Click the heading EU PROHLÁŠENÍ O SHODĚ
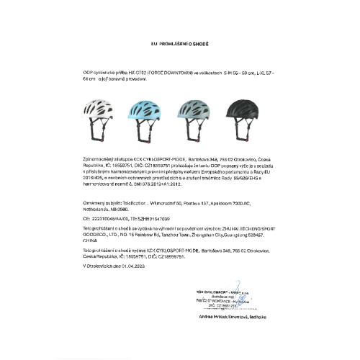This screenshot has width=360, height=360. (x=180, y=43)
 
